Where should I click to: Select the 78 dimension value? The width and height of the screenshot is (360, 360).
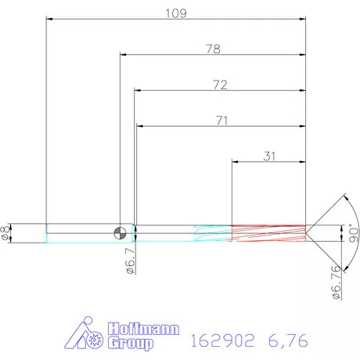(x=212, y=49)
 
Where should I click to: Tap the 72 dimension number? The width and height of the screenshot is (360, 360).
(x=219, y=85)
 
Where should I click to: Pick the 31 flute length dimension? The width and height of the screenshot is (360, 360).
(x=269, y=156)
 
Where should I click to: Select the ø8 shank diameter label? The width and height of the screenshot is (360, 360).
(x=7, y=232)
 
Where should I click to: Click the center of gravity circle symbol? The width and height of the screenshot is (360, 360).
(x=120, y=232)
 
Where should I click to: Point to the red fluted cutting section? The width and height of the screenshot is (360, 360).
(x=267, y=232)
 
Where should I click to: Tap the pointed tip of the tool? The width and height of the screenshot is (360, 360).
(x=306, y=232)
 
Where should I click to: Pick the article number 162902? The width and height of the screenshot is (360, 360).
(x=221, y=340)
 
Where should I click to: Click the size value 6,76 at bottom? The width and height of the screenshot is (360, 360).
(x=285, y=340)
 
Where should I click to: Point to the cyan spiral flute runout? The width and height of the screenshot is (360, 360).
(x=210, y=232)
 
